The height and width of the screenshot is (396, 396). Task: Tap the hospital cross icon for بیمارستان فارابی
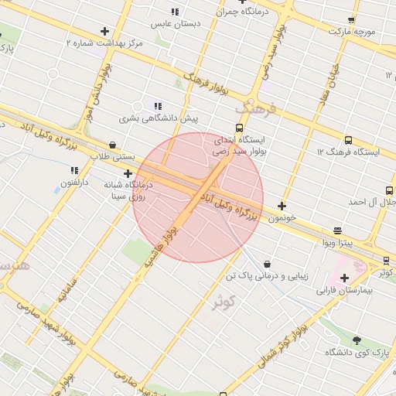coord(344,278)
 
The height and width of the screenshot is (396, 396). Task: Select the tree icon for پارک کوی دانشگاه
coord(356,340)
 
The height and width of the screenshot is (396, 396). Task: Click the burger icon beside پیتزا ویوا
coord(337,230)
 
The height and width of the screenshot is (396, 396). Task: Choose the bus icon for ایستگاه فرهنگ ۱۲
coord(347,141)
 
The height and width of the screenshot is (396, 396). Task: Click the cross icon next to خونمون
coord(282,206)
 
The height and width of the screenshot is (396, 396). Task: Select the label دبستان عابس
coord(176,24)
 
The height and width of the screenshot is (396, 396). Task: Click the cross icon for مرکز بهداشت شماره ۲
coord(104,31)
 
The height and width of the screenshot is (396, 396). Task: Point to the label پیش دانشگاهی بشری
coord(158,119)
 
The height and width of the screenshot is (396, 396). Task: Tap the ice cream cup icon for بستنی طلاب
coord(113,144)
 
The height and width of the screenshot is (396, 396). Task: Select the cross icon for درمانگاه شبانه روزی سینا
coord(128,174)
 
